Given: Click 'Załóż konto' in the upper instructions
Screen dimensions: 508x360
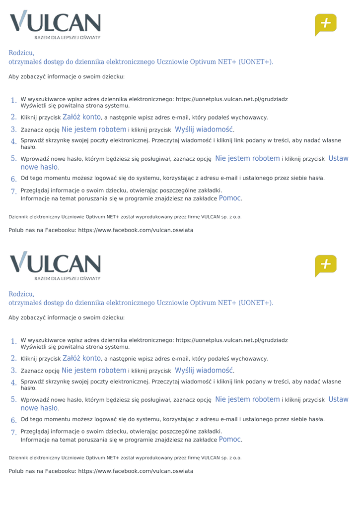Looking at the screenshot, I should pyautogui.click(x=81, y=117).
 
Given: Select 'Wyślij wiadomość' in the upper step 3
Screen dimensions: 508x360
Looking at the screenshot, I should pyautogui.click(x=204, y=129).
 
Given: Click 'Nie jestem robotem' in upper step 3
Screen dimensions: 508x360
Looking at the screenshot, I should pyautogui.click(x=93, y=129).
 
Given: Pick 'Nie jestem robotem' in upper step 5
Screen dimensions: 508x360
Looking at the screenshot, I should pyautogui.click(x=247, y=159).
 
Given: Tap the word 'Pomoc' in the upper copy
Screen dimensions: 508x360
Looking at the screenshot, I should pyautogui.click(x=230, y=198).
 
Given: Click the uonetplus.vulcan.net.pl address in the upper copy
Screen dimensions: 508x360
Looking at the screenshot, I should pyautogui.click(x=231, y=99).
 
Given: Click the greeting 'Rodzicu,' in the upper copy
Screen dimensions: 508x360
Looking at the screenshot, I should pyautogui.click(x=21, y=53).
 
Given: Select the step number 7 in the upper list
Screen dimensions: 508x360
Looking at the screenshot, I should pyautogui.click(x=14, y=191).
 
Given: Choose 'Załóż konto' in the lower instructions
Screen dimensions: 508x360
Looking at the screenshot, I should pyautogui.click(x=81, y=358).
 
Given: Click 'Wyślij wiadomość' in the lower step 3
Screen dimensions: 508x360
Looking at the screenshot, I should pyautogui.click(x=204, y=371).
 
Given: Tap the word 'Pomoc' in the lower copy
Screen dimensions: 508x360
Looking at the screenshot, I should pyautogui.click(x=230, y=439).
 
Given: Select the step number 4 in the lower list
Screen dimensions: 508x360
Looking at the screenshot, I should pyautogui.click(x=14, y=383).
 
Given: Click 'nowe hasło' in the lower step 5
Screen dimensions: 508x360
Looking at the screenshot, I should pyautogui.click(x=39, y=408).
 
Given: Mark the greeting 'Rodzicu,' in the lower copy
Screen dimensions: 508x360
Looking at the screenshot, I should pyautogui.click(x=21, y=294).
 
